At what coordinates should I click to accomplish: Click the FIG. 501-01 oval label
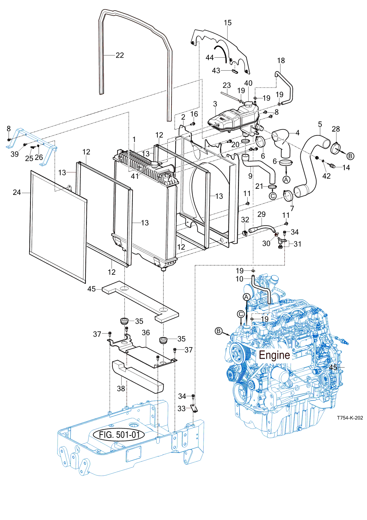point(119,435)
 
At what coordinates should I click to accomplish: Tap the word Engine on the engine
point(274,355)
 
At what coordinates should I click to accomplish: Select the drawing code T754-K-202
point(350,418)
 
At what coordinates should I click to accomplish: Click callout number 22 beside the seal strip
point(120,55)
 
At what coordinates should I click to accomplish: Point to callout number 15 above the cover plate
point(228,23)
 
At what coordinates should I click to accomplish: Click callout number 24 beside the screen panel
point(17,192)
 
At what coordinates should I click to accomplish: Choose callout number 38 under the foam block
point(121,388)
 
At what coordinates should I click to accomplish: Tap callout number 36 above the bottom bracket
point(146,333)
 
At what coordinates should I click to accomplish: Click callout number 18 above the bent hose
point(281,61)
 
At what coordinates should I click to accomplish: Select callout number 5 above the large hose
point(320,124)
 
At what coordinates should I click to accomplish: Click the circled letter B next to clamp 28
point(350,156)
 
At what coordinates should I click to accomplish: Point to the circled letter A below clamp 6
point(286,180)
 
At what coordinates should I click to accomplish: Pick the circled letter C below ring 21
point(273,196)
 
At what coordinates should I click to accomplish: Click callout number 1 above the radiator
point(134,139)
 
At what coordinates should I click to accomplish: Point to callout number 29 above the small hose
point(262,214)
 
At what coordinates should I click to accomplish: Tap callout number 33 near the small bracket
point(182,409)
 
